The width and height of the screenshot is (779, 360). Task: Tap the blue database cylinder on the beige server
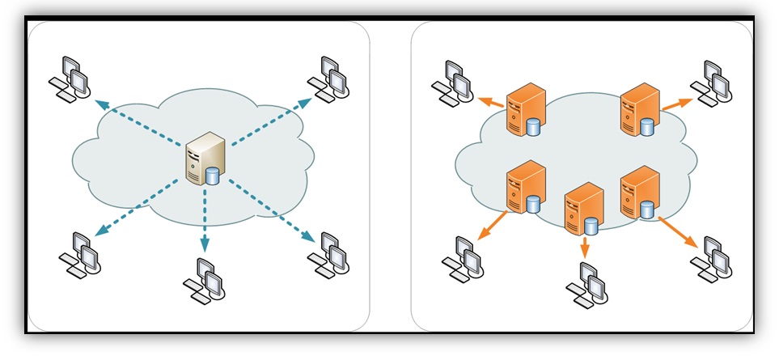[213, 176]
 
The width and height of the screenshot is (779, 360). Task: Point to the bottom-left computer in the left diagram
[79, 254]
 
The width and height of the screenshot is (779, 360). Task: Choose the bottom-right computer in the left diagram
[329, 255]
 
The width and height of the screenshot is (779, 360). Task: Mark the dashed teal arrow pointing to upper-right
[271, 122]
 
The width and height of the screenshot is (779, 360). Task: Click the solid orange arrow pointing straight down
[584, 247]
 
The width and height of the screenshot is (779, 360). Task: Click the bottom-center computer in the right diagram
[586, 285]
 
